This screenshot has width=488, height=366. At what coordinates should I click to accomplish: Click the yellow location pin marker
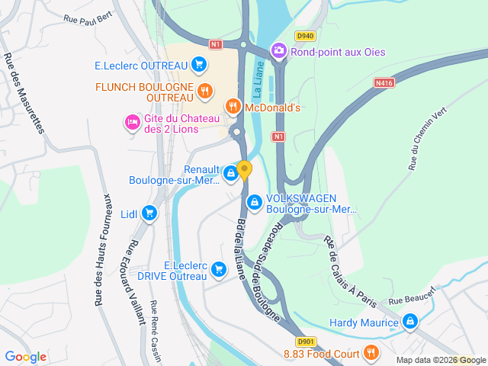pos(244,170)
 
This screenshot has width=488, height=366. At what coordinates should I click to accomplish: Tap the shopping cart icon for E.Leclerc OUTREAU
pos(200,65)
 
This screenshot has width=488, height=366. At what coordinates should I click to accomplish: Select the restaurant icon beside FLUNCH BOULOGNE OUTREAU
pos(204,92)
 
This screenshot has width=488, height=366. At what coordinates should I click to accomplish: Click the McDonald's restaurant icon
pos(233,107)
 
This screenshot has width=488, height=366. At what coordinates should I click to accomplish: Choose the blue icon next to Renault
pos(230,175)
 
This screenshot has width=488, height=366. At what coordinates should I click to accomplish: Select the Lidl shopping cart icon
pos(149,214)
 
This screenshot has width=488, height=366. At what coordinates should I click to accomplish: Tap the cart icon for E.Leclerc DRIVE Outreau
pos(220,269)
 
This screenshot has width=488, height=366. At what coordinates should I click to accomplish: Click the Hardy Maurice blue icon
pos(411,323)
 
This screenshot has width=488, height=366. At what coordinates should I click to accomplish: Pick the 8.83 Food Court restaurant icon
pos(371,352)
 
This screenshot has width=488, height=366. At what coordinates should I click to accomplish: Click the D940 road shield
pos(306,36)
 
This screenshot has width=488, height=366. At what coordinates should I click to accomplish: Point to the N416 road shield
pos(384,82)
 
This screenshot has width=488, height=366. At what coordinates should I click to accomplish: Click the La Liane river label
pos(258,79)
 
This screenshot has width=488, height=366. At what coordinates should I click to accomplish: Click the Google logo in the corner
pos(26,356)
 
